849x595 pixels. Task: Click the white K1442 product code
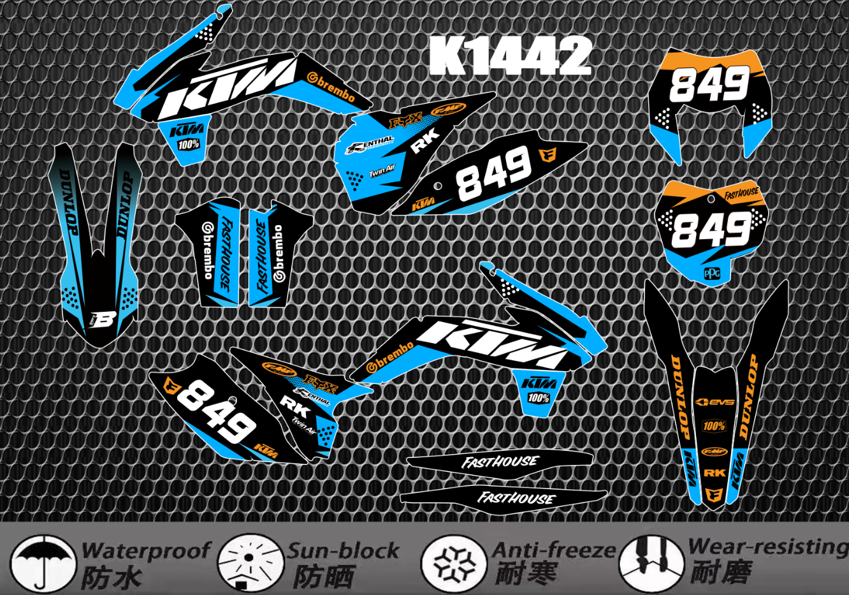point(510,56)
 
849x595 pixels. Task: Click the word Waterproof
point(145,550)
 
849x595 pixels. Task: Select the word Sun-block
point(343,550)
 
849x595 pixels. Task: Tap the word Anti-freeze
point(554,550)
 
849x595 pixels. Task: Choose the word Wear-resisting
point(769,547)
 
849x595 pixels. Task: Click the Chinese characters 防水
point(111,578)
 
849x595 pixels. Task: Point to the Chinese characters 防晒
point(323,577)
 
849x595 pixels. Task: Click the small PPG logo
point(712,274)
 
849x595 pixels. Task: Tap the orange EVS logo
point(715,402)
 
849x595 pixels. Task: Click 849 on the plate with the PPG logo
point(711,230)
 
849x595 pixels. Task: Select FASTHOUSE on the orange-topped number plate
point(741,193)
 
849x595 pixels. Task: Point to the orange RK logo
point(715,473)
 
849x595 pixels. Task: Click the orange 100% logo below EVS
point(714,426)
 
